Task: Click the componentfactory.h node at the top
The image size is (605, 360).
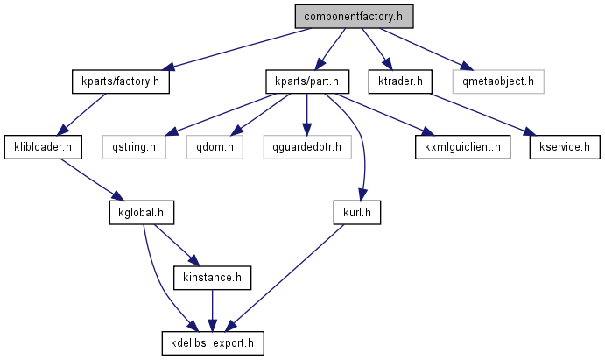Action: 353,17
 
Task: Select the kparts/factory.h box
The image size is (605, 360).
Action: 119,82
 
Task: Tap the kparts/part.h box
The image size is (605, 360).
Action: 307,82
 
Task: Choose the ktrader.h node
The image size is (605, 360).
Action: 401,82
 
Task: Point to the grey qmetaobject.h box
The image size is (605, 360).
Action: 498,82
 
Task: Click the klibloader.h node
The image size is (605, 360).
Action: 43,146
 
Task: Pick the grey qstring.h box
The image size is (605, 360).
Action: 133,146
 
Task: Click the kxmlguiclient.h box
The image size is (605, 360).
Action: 463,146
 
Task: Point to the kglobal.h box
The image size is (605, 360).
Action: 142,212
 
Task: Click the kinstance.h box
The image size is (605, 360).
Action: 213,278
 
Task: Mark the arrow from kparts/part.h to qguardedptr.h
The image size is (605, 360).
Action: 306,114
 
